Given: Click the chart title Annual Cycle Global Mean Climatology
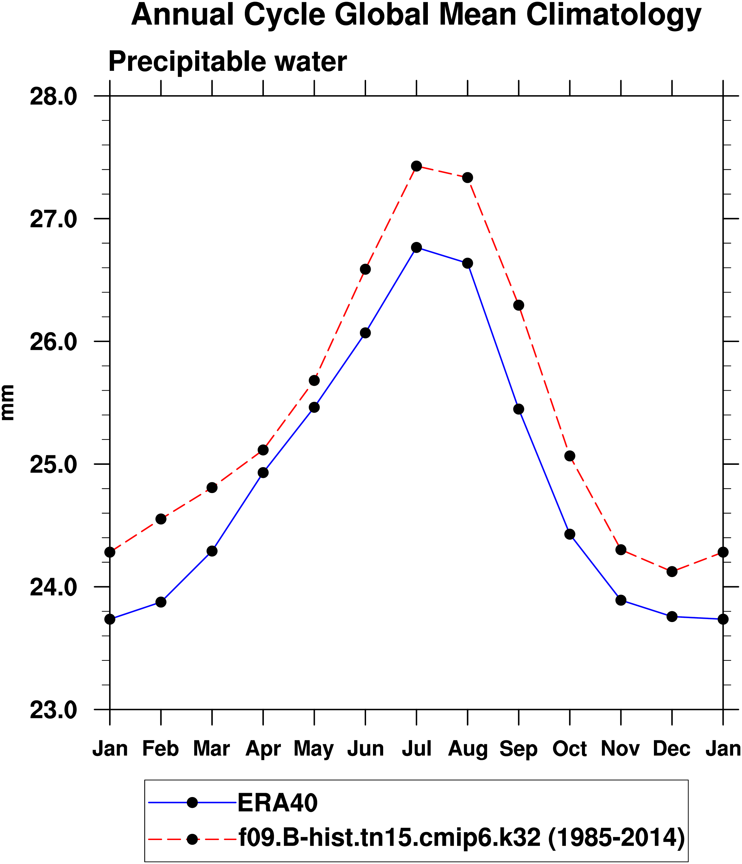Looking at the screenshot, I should point(416,16).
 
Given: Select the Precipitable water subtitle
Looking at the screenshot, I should point(227,62).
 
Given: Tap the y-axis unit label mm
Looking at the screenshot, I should point(8,402).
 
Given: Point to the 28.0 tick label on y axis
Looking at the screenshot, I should point(54,97).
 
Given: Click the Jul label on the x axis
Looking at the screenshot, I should point(416,748).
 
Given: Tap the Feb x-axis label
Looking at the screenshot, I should point(161,748).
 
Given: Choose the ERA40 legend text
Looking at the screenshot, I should point(278,802).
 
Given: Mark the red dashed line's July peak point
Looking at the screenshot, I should point(416,166).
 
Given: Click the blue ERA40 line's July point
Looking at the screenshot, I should point(416,247).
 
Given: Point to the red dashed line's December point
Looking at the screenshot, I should point(672,571).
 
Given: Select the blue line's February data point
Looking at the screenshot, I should point(161,602).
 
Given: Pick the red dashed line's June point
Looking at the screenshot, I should point(365,270).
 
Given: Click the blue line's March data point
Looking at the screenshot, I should point(212,551).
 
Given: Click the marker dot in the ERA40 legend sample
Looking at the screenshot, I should point(192,802).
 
